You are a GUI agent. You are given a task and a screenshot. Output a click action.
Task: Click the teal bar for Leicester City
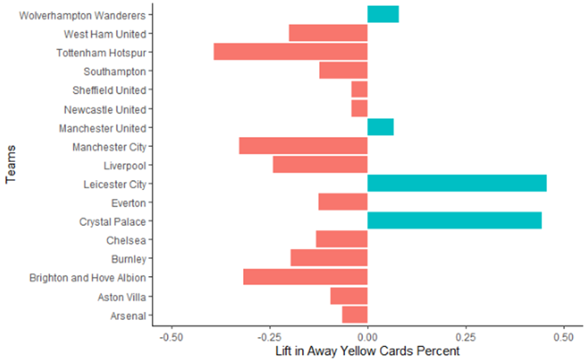457,184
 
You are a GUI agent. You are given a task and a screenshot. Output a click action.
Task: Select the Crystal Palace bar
455,222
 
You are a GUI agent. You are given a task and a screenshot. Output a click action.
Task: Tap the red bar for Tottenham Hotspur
290,52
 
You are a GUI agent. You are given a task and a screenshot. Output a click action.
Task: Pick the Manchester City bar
303,146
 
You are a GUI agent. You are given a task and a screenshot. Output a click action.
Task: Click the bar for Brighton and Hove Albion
305,277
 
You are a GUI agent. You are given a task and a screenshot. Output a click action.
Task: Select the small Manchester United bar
380,128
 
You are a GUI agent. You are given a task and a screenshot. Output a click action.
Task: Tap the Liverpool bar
320,165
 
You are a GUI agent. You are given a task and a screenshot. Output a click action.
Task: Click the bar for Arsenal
355,315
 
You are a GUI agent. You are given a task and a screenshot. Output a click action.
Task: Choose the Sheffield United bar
359,90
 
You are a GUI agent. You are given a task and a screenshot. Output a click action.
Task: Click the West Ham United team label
105,34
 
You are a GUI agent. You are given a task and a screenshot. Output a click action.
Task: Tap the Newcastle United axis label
105,109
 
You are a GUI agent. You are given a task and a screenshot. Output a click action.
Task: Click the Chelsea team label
126,240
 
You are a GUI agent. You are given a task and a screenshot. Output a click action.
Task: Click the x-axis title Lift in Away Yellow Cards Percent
367,351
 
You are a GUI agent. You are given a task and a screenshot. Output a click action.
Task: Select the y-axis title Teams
11,165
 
